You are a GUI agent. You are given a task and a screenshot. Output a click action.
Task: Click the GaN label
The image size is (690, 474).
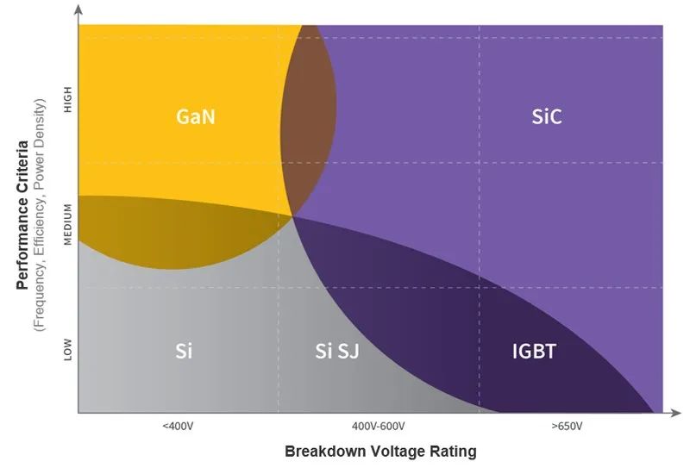(196, 115)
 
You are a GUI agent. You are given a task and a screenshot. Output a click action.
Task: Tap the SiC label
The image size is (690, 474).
(547, 115)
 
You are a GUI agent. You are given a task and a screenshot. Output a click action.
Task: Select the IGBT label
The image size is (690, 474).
(535, 351)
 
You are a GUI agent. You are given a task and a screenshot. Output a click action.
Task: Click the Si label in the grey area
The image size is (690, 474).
(183, 351)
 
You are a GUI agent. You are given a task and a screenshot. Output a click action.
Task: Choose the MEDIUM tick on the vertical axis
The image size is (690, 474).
(69, 225)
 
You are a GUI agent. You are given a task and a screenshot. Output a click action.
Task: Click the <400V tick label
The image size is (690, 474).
(178, 426)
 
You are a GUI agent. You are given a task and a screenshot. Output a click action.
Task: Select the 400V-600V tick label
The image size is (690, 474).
(379, 426)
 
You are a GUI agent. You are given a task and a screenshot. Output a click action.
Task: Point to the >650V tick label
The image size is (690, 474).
(566, 426)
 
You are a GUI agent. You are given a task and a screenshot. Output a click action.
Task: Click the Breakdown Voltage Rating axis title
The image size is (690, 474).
(380, 451)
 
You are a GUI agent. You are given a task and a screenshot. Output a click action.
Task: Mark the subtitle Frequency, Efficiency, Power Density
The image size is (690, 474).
(40, 215)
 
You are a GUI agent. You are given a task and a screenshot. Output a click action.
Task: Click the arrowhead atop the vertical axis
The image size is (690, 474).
(78, 10)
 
